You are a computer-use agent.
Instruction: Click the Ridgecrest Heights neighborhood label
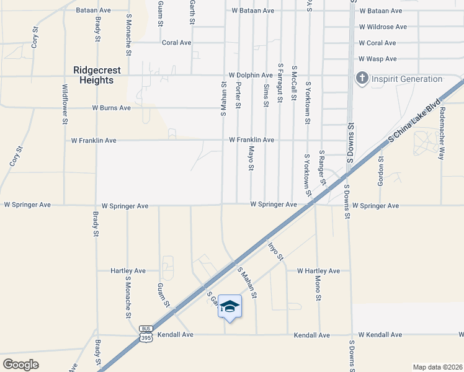click(x=97, y=76)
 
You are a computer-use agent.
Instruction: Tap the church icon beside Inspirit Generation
click(x=362, y=79)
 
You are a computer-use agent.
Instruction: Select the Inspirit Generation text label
click(x=406, y=79)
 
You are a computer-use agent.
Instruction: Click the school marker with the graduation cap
click(x=230, y=307)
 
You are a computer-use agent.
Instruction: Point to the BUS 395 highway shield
click(x=146, y=334)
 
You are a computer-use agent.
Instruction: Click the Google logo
click(x=21, y=364)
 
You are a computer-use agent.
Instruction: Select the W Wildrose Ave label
click(x=383, y=27)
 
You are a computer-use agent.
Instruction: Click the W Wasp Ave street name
click(x=377, y=59)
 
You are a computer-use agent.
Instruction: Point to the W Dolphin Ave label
click(x=251, y=75)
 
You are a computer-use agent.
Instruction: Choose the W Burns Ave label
click(x=111, y=107)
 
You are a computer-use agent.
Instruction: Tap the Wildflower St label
click(x=65, y=105)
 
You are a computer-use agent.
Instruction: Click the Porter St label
click(x=238, y=95)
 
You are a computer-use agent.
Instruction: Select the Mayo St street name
click(x=252, y=159)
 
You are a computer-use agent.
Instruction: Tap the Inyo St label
click(x=275, y=252)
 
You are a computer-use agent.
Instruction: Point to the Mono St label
click(x=319, y=289)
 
